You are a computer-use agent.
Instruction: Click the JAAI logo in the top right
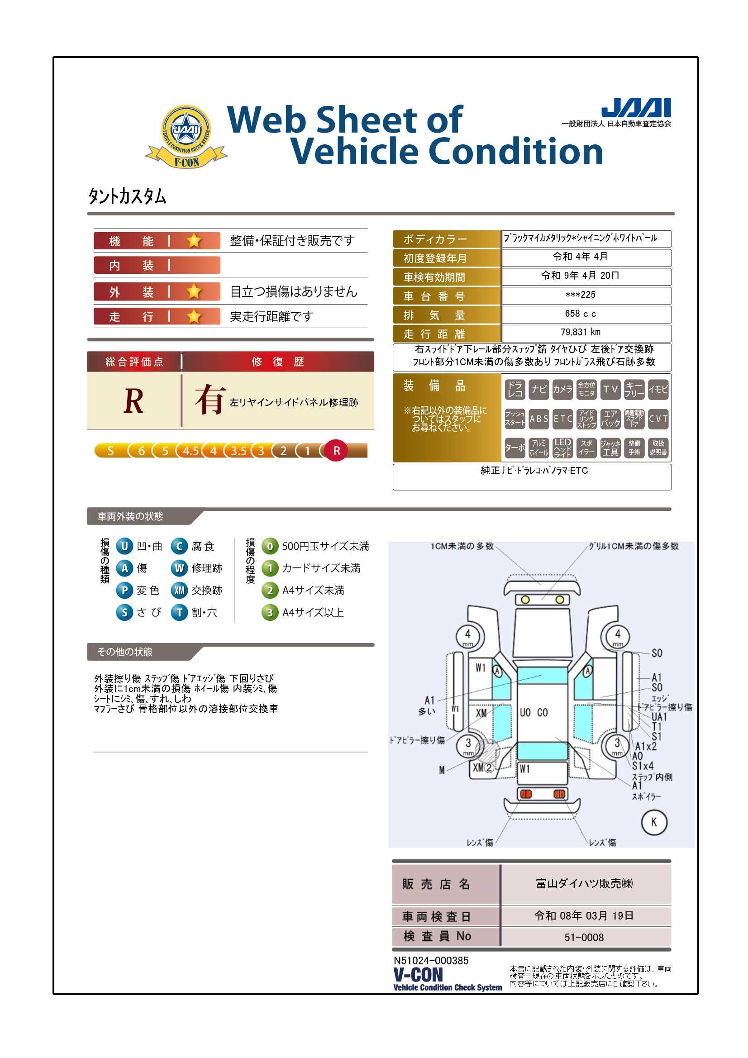(637, 107)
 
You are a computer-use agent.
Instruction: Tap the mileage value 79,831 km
(581, 332)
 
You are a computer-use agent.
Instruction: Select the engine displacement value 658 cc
(581, 314)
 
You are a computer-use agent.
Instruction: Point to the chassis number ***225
(581, 295)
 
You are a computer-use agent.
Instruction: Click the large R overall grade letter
(133, 401)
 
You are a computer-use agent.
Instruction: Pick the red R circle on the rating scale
(336, 451)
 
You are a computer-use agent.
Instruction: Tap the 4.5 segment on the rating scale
(191, 451)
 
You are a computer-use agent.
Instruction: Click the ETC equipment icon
(563, 419)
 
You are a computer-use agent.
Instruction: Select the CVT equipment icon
(658, 419)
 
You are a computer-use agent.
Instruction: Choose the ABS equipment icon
(539, 419)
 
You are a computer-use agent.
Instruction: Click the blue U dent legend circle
(124, 547)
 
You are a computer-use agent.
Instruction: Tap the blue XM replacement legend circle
(179, 590)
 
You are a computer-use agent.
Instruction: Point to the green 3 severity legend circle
(270, 613)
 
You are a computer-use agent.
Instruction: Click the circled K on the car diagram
(654, 822)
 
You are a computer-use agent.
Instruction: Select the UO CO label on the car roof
(534, 712)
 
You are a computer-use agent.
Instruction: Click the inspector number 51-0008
(584, 937)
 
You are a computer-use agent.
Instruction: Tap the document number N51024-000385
(431, 961)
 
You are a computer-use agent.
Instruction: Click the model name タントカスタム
(127, 197)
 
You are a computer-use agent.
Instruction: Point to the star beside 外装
(194, 291)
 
